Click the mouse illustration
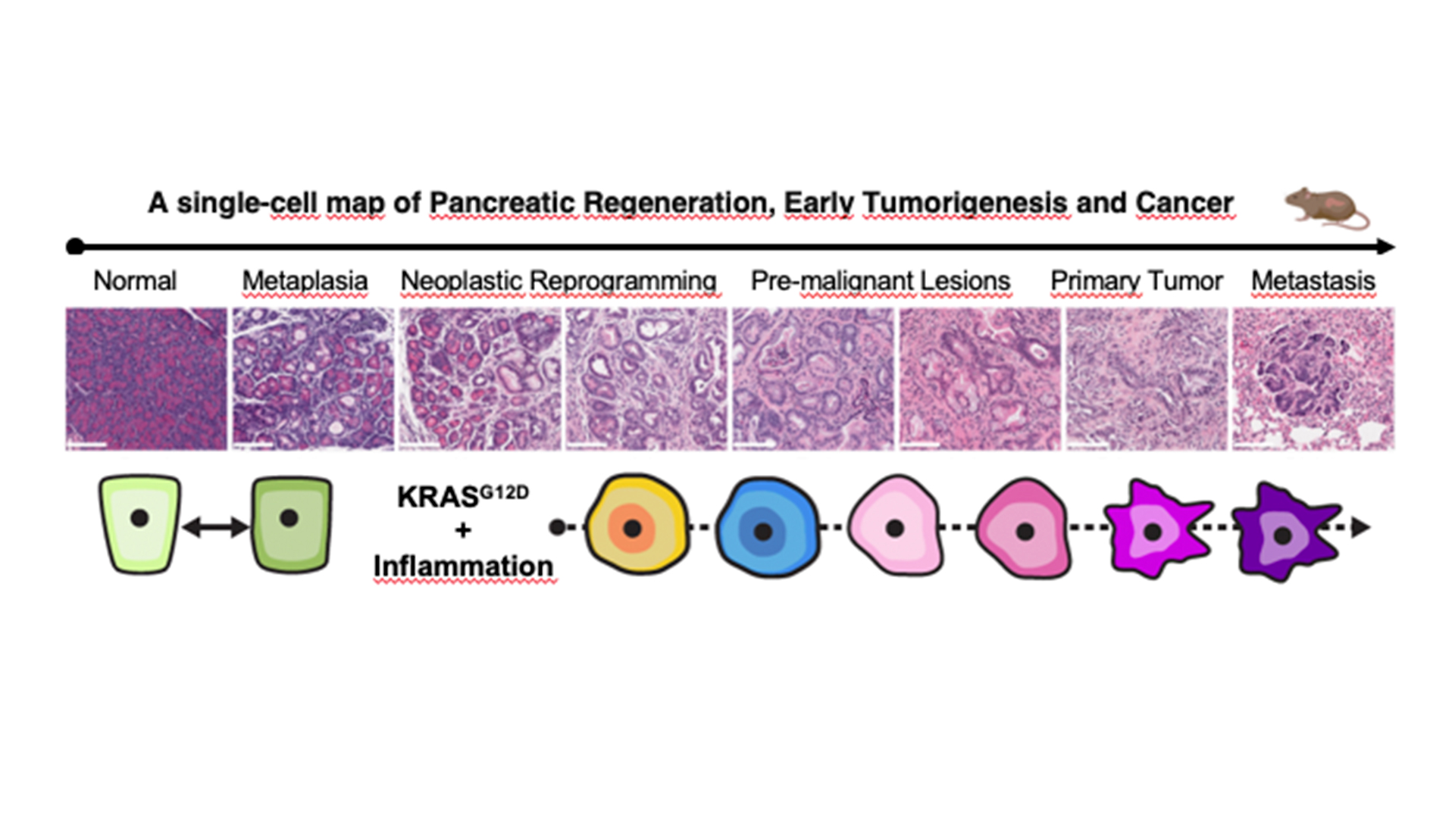tap(1326, 208)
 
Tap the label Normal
tap(135, 281)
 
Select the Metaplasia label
tap(305, 281)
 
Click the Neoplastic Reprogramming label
tap(559, 281)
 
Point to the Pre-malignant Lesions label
tap(880, 281)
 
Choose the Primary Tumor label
tap(1136, 281)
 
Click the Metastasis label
tap(1313, 281)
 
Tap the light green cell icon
tap(140, 523)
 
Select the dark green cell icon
tap(291, 523)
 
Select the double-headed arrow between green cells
tap(216, 526)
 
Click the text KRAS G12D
tap(462, 497)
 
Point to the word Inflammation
tap(463, 566)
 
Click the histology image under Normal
tap(146, 379)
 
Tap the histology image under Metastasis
tap(1313, 379)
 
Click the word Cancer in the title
tap(1184, 203)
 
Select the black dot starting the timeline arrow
tap(75, 246)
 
